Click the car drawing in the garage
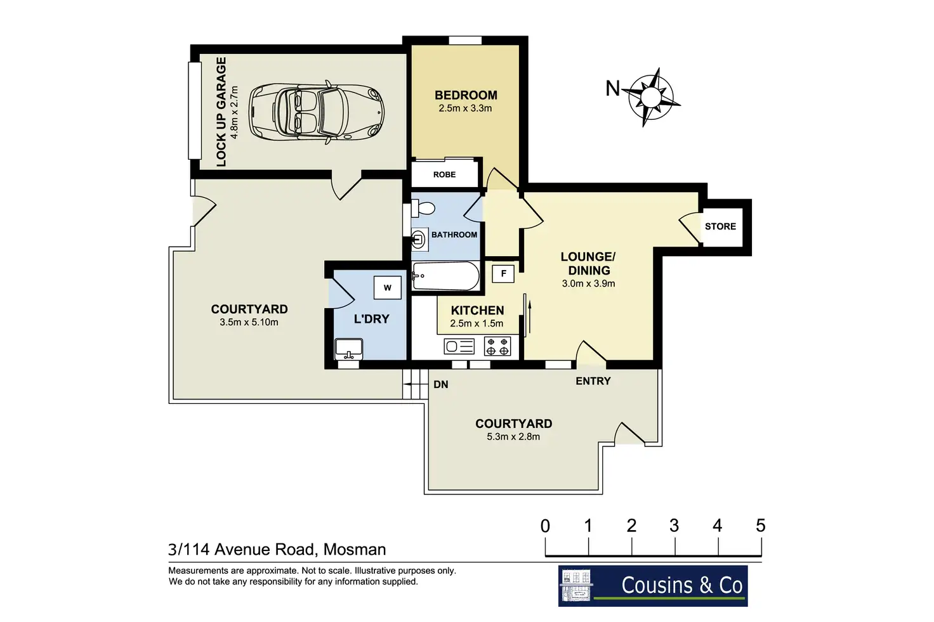pos(317,112)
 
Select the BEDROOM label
pos(466,95)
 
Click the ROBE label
pos(445,174)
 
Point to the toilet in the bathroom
pos(423,208)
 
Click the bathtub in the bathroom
pos(445,276)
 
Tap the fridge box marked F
pos(503,274)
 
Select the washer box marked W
pos(387,288)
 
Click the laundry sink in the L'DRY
pos(348,349)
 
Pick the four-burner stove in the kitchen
pos(497,346)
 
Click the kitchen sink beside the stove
pos(459,346)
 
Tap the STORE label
pos(721,226)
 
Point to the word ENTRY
pos(593,381)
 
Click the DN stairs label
pos(441,384)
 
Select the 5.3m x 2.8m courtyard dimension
pos(513,437)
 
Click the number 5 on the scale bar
pos(761,526)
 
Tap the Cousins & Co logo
pos(653,586)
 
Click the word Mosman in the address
pos(355,550)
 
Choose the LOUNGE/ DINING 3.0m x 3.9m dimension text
pos(588,283)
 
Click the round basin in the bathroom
pos(418,240)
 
